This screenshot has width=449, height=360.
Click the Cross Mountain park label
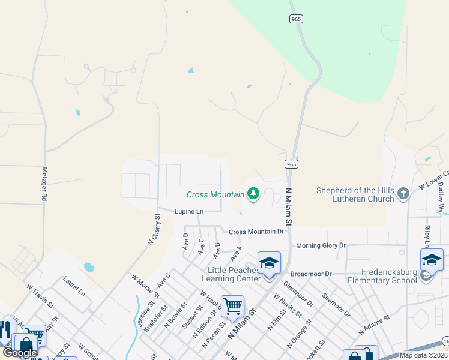click(x=215, y=194)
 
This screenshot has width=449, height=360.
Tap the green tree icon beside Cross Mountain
click(x=253, y=193)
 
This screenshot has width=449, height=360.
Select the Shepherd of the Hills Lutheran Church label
click(x=355, y=195)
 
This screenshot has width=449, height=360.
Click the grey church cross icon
click(x=403, y=193)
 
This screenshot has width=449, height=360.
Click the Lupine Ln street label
click(x=189, y=211)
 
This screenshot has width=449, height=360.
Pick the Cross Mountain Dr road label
click(x=256, y=232)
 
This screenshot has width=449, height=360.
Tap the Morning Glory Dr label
click(x=321, y=245)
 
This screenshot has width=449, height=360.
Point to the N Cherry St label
click(x=154, y=230)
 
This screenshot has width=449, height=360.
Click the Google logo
click(x=20, y=353)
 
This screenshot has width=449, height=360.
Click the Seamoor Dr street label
click(x=336, y=305)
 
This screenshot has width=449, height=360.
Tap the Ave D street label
click(x=185, y=241)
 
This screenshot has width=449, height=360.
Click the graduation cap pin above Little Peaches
click(x=268, y=263)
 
